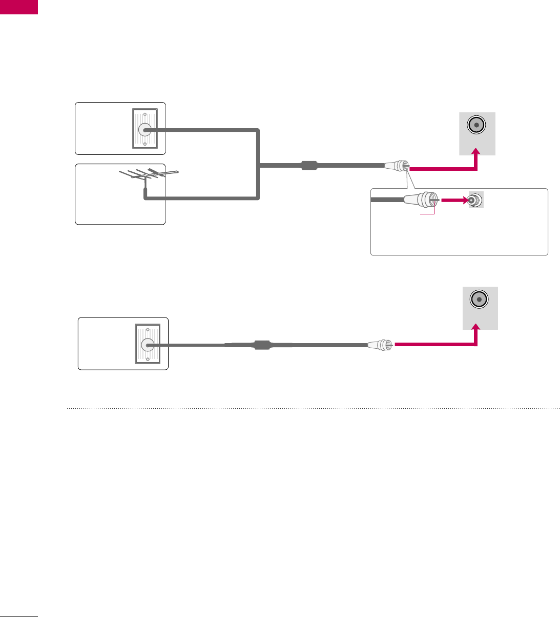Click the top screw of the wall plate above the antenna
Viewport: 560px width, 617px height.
[x=145, y=115]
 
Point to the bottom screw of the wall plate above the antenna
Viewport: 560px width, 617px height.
[x=145, y=144]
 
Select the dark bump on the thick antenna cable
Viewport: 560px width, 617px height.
[x=309, y=166]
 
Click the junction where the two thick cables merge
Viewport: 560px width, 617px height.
[x=259, y=166]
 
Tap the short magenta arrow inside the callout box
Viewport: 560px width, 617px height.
[x=454, y=201]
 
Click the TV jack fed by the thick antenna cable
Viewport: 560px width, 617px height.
[x=476, y=125]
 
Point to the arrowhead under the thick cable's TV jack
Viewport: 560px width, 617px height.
[x=476, y=152]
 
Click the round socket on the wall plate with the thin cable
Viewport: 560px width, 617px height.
[x=148, y=345]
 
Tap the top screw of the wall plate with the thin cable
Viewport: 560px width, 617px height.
[x=148, y=330]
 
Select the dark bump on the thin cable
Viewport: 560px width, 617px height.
[x=262, y=345]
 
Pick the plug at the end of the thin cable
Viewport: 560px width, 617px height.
[x=380, y=345]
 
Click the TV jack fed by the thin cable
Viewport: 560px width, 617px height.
[x=480, y=300]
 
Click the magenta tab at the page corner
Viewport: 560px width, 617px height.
[x=19, y=7]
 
